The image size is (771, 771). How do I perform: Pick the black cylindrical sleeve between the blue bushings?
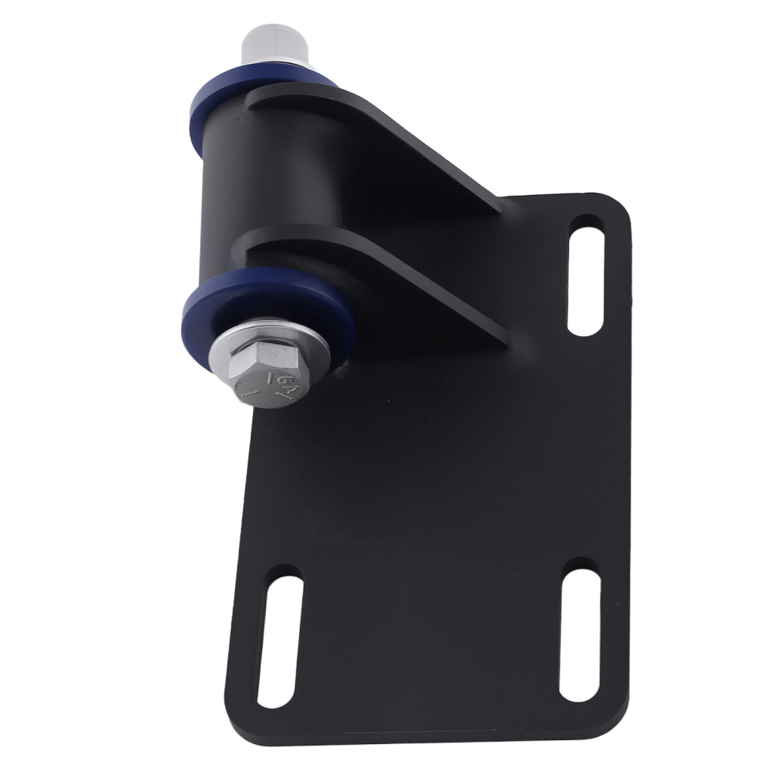click(231, 193)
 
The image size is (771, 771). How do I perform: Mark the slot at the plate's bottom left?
click(278, 639)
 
